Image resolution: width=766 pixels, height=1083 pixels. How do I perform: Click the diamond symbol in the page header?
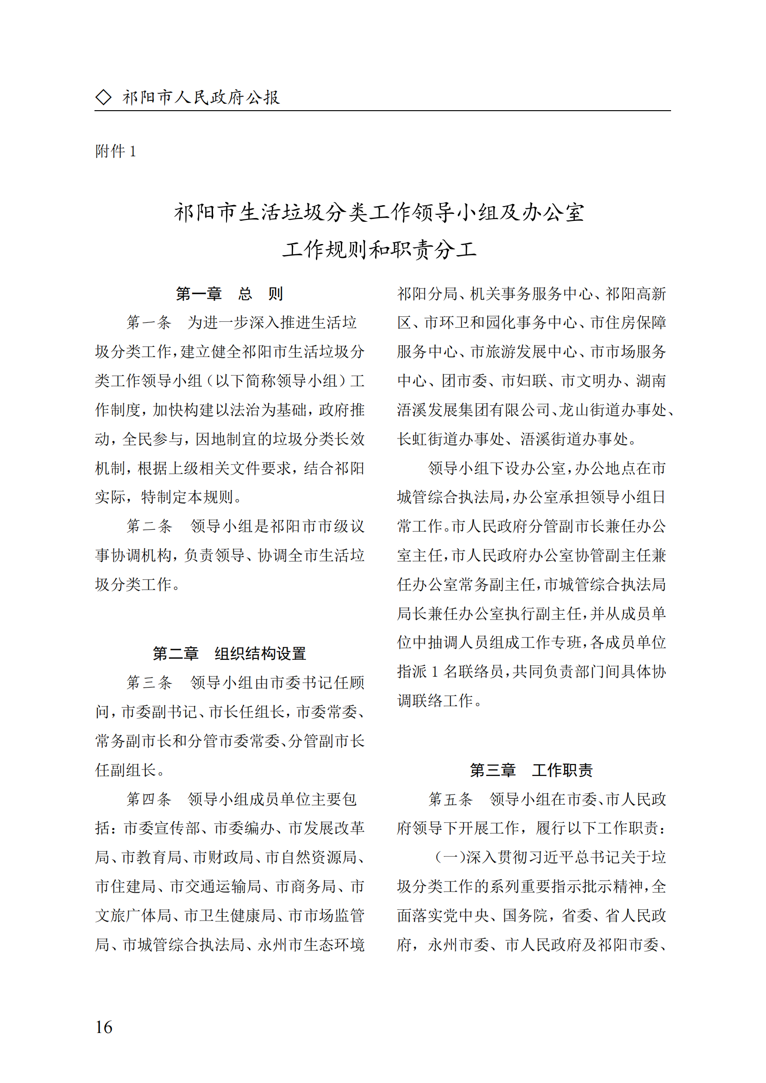point(103,97)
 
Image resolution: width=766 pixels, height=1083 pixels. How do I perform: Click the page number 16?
point(104,1027)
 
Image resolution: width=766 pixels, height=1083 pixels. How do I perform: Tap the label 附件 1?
point(116,151)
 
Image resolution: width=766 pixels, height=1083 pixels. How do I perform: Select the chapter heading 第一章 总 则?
point(229,294)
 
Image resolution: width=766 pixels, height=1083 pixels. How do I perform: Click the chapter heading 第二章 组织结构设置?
point(229,654)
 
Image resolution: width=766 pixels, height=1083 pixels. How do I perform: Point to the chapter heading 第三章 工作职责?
point(531,770)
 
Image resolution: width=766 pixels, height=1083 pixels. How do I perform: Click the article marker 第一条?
point(149,323)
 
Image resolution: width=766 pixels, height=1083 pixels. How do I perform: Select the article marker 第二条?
point(149,526)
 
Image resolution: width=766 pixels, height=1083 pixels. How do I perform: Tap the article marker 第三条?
point(149,682)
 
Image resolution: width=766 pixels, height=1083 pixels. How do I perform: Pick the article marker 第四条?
point(149,800)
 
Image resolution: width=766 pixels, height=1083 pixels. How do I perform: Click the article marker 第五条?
point(451,800)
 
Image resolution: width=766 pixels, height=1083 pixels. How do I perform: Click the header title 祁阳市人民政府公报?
point(201,97)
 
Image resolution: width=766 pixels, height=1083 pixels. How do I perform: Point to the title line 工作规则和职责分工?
point(380,250)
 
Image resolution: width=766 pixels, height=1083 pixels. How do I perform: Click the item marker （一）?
point(451,858)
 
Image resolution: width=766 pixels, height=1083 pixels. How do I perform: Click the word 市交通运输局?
point(215,887)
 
